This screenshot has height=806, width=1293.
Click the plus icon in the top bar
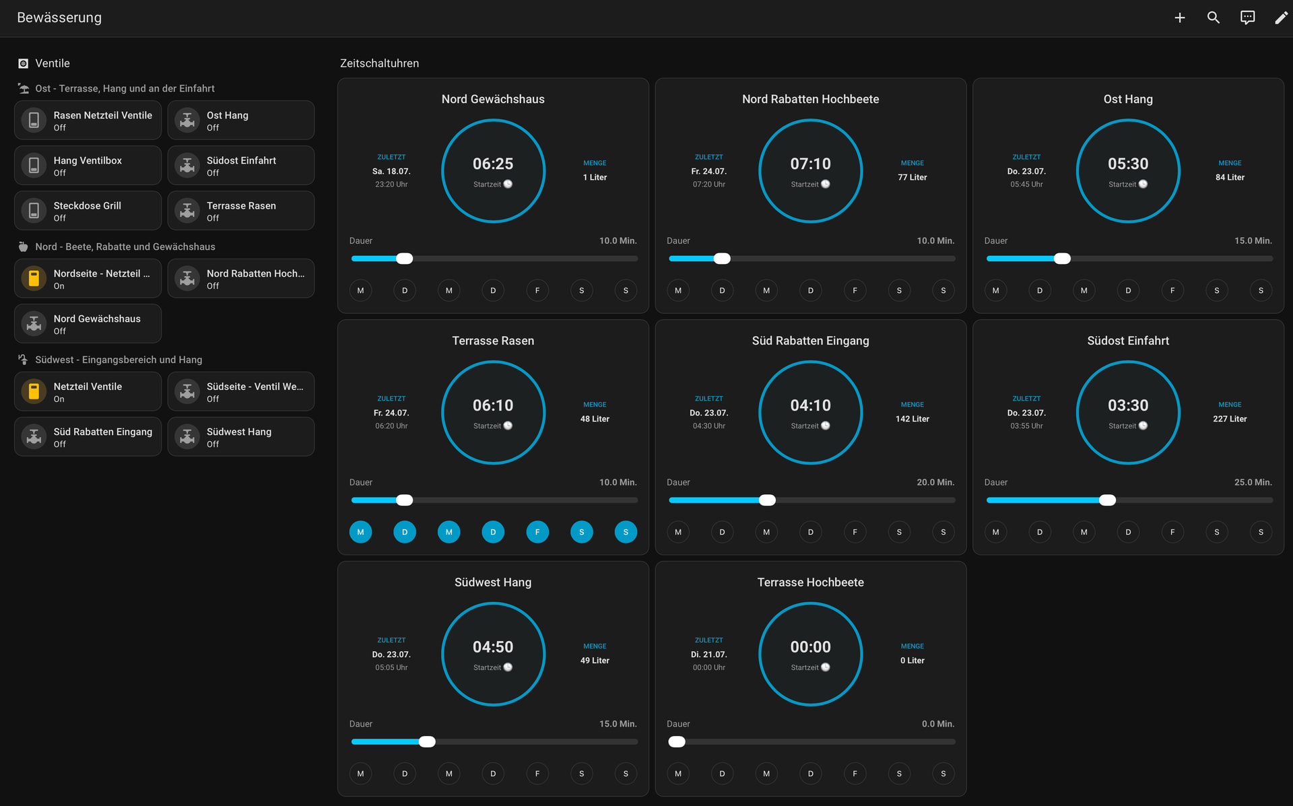[1180, 18]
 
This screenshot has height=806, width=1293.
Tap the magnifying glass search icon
[1214, 18]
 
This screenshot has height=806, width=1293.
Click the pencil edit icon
[1281, 18]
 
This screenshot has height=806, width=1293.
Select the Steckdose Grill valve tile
[88, 211]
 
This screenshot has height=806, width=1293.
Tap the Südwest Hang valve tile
[241, 437]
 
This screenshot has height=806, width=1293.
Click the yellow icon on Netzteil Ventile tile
[34, 391]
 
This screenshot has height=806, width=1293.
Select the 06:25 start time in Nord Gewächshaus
[493, 164]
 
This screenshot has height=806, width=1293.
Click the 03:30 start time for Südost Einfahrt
[1128, 405]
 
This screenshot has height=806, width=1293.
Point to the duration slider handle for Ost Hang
[1062, 259]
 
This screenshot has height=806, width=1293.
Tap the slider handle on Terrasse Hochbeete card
[677, 742]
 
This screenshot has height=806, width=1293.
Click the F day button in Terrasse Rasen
[537, 532]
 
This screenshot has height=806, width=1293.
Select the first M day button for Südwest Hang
[360, 774]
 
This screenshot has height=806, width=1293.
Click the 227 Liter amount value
[1230, 419]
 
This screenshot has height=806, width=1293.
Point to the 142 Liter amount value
[912, 419]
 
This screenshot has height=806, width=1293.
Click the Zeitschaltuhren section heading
[379, 63]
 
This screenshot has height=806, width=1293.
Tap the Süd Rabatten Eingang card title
[810, 341]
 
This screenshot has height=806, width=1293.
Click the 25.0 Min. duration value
[1253, 482]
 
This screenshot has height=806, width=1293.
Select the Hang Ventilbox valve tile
[88, 166]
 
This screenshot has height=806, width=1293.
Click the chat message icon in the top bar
[1247, 18]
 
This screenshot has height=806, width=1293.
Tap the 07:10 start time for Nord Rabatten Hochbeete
[810, 164]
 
